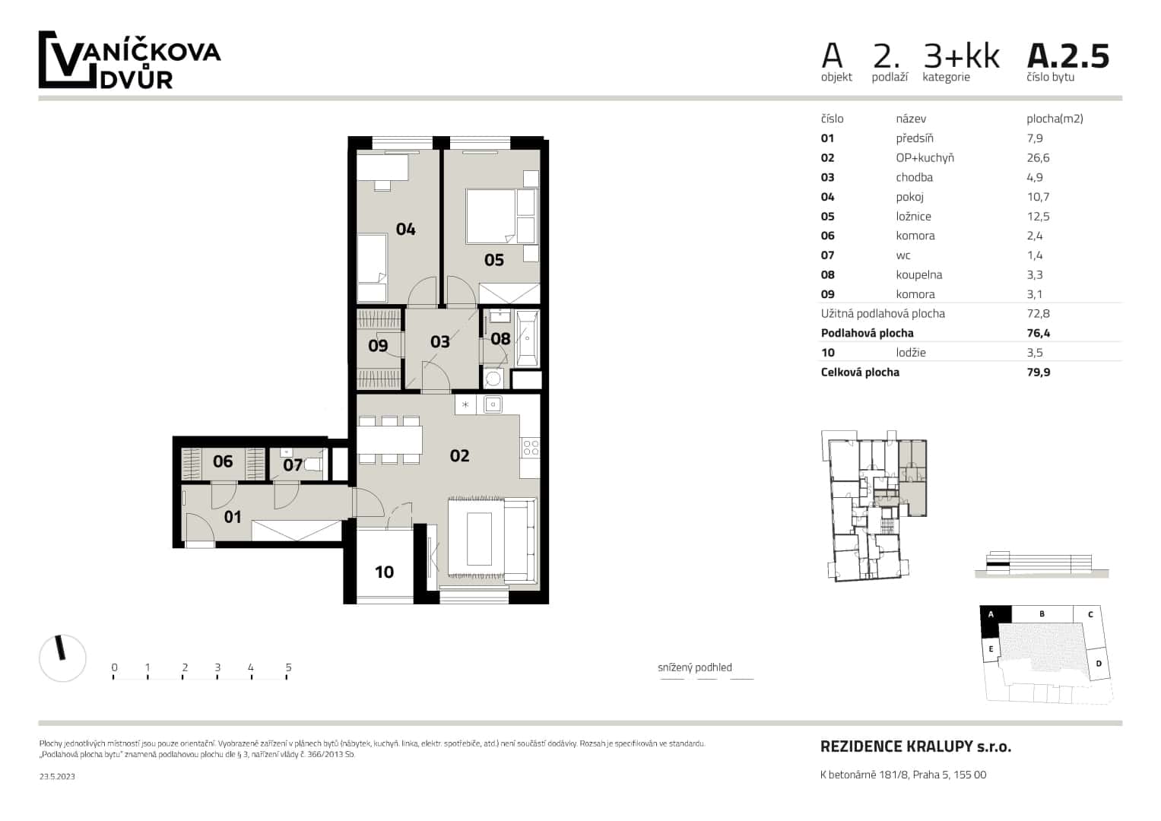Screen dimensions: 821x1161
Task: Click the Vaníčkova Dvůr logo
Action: [129, 60]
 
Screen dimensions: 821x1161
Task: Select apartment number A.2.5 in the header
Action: [1067, 56]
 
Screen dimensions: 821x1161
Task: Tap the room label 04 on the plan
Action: [405, 229]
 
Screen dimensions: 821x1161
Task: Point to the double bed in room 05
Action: [491, 215]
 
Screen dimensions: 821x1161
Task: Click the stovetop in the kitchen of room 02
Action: [530, 448]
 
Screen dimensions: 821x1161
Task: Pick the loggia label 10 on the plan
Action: [384, 572]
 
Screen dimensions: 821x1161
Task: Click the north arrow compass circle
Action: [62, 658]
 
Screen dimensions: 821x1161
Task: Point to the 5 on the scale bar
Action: [288, 667]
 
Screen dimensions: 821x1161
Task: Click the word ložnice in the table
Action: [913, 217]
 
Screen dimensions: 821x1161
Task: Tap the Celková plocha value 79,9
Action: [1038, 372]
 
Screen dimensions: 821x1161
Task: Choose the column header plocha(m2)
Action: [1054, 119]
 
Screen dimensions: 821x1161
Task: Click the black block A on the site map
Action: [991, 621]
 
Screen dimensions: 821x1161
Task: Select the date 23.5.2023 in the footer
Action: [57, 776]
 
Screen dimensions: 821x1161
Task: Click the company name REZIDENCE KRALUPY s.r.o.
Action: [915, 747]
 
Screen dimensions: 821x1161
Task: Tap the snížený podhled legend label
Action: [694, 667]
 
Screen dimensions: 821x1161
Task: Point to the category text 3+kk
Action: [961, 56]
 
